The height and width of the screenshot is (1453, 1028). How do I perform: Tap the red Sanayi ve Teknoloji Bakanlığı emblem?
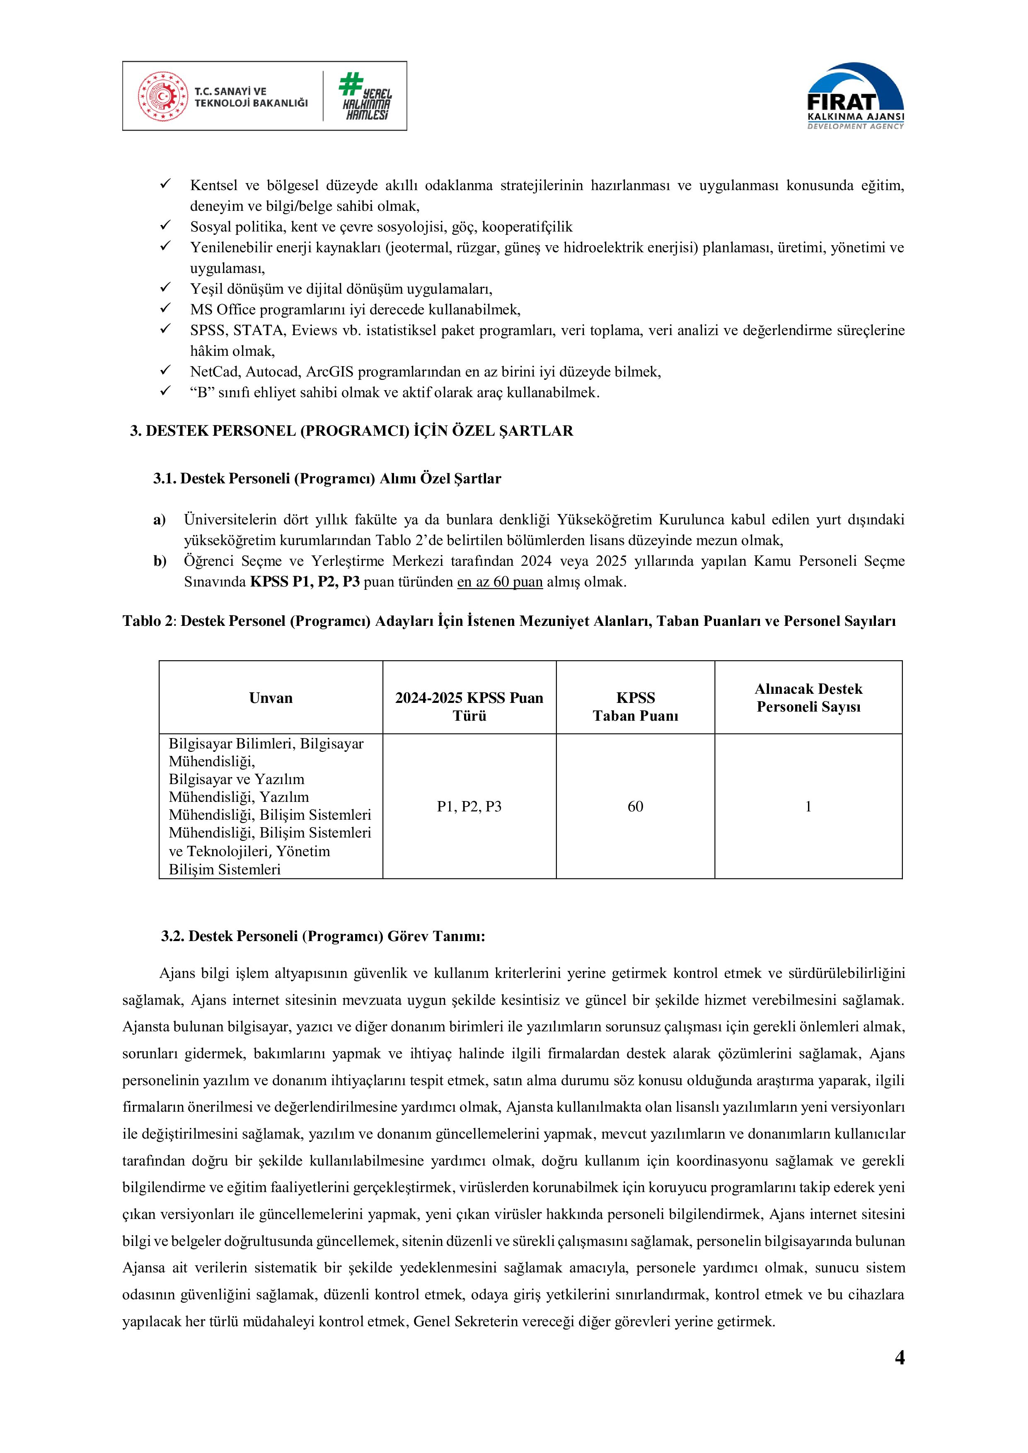tap(163, 96)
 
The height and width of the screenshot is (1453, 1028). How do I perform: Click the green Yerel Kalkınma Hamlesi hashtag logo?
tap(365, 96)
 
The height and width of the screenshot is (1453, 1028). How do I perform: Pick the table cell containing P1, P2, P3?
tap(469, 806)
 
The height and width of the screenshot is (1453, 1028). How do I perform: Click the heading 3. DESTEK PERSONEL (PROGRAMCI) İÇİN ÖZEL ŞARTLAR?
tap(351, 431)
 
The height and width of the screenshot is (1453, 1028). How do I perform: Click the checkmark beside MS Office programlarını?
tap(166, 309)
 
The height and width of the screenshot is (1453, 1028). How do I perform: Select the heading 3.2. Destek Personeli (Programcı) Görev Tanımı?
tap(323, 936)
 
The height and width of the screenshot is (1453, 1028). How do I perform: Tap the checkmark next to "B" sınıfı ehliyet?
tap(166, 392)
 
